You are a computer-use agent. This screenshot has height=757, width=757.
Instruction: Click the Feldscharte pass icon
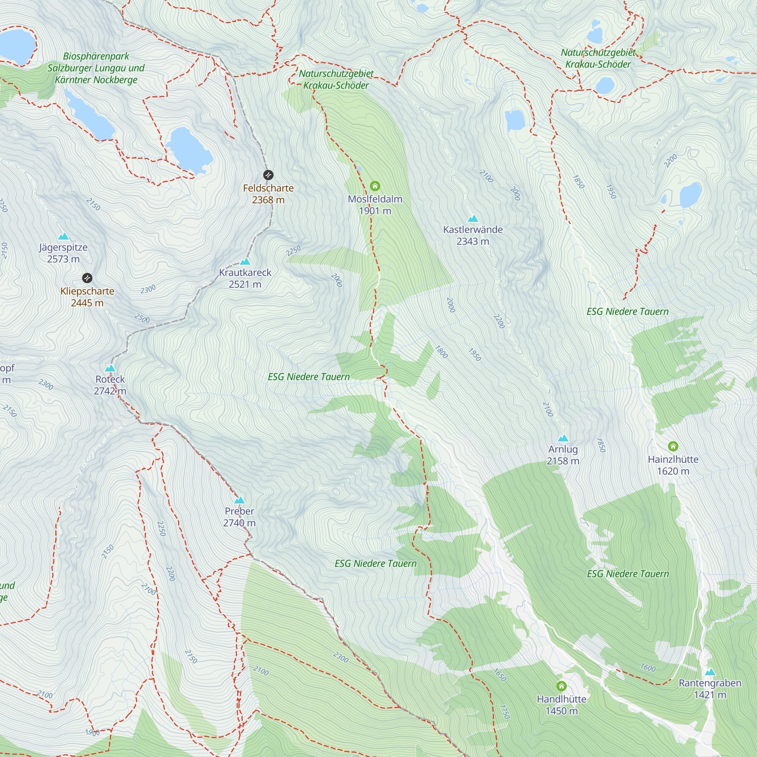coord(268,175)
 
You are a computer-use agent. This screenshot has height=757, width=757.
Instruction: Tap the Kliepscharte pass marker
coord(87,278)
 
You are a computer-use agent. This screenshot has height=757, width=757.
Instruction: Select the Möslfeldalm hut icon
coord(375,186)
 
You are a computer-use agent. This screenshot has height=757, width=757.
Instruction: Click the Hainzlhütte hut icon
coord(673,446)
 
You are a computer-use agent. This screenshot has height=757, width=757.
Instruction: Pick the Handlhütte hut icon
coord(561,686)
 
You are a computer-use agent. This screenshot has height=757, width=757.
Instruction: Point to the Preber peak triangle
coord(240,500)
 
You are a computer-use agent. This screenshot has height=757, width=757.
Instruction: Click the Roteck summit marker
coord(110,368)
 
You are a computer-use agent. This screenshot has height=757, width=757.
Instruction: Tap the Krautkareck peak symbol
coord(245,261)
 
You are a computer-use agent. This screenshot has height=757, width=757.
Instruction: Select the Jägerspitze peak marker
coord(64,236)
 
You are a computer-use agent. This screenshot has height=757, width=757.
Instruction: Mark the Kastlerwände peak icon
coord(472,219)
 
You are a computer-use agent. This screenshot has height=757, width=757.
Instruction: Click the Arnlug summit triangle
coord(563,438)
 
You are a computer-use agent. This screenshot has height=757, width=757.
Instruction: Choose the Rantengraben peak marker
coord(710,672)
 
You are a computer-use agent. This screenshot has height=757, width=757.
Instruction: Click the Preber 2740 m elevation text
coord(240,523)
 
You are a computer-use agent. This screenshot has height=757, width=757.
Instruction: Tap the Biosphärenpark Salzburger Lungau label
coord(96,68)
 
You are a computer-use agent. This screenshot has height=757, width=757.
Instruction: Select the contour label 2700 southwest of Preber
coord(149,589)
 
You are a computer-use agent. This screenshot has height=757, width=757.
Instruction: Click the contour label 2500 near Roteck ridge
coord(142,319)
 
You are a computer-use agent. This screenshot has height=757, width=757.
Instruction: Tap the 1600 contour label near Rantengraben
coord(648,667)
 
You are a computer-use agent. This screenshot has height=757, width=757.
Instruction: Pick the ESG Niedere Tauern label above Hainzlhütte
coord(627,312)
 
